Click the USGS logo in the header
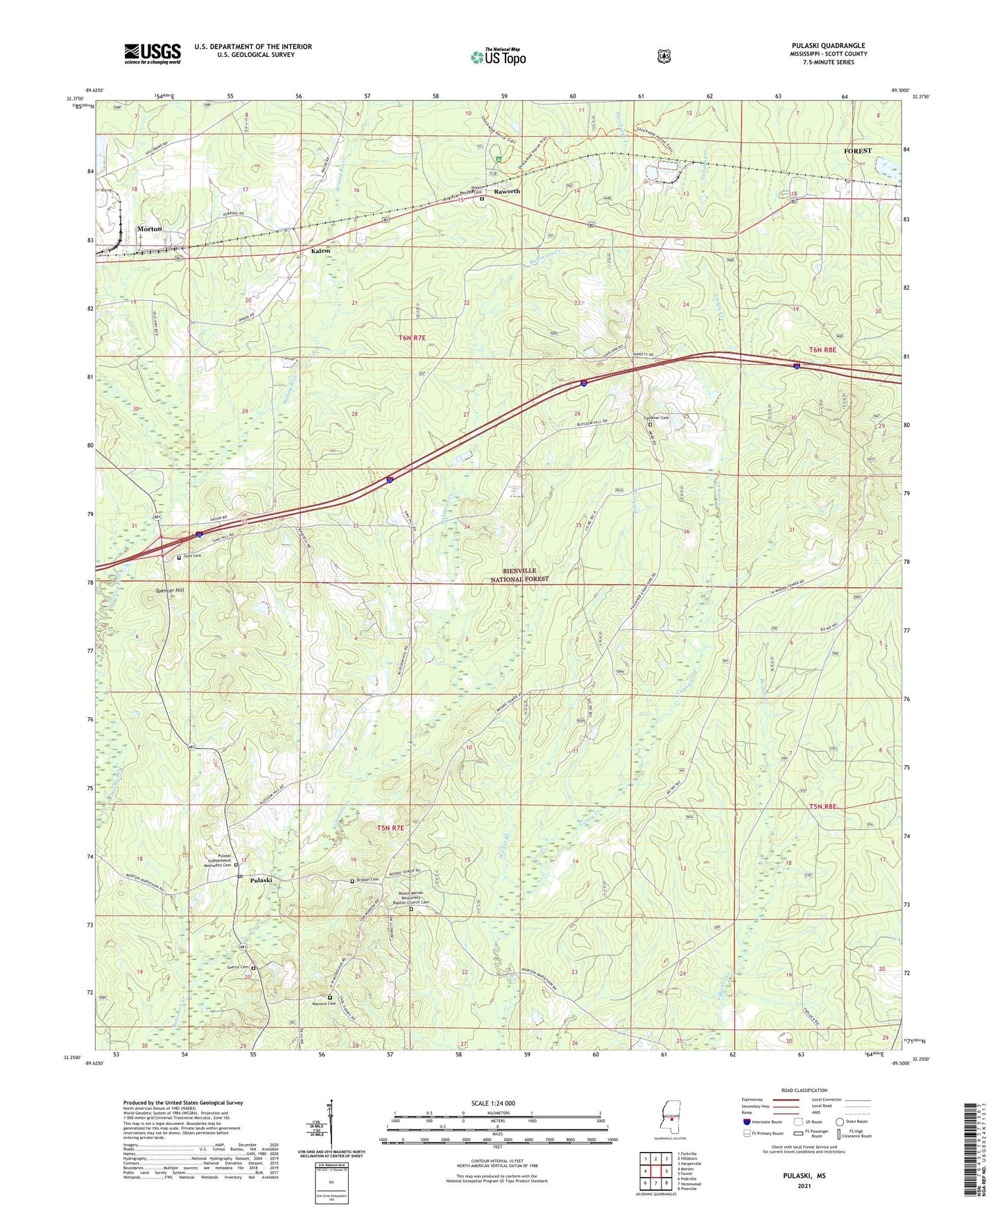(x=153, y=53)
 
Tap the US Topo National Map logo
(x=498, y=56)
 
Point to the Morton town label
(x=149, y=229)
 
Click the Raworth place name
(x=506, y=191)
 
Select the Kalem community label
(x=320, y=250)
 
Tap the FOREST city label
(x=857, y=151)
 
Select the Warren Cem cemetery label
(x=323, y=1004)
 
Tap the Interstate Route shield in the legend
(x=746, y=1122)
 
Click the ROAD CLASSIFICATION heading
(x=804, y=1090)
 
